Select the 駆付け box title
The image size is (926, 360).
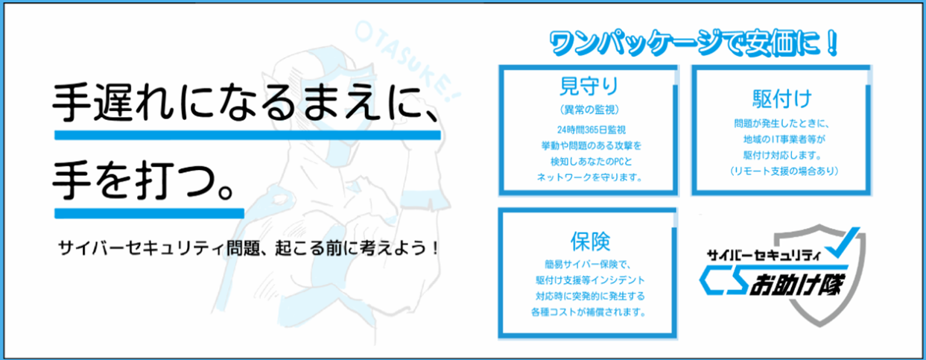pos(781,99)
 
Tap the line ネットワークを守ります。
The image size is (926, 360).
pos(589,178)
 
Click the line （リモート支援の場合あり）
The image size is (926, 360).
pos(781,171)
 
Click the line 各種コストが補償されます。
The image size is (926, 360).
pos(589,312)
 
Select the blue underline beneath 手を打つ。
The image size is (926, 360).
pos(149,212)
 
